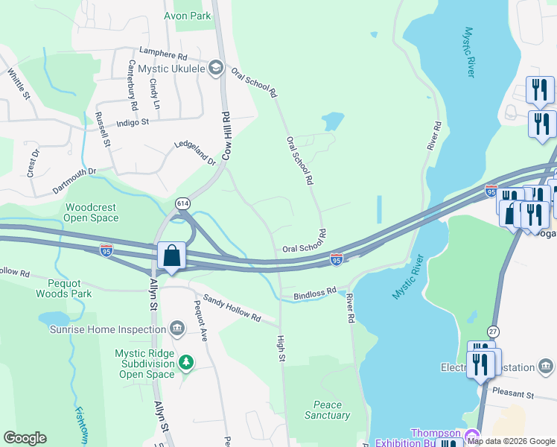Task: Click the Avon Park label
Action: [x=187, y=16]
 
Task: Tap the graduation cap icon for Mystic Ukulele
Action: [x=216, y=69]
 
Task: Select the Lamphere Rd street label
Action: [x=162, y=55]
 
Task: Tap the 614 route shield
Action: [x=182, y=203]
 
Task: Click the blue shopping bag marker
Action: [x=171, y=256]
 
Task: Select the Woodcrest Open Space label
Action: [x=92, y=213]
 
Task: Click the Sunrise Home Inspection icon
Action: [x=177, y=327]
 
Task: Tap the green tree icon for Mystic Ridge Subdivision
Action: [x=186, y=363]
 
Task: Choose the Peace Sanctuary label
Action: [x=327, y=410]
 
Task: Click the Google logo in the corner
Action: [x=25, y=438]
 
